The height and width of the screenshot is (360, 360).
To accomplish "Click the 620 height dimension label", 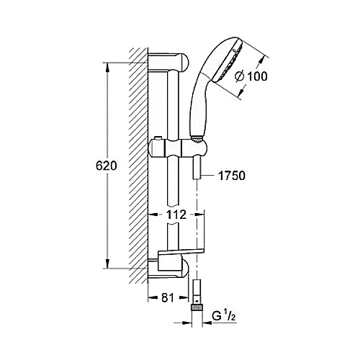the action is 106,166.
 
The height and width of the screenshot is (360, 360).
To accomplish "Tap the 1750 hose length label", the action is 232,176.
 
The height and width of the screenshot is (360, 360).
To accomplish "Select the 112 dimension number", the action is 176,215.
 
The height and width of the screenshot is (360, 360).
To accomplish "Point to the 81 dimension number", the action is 168,298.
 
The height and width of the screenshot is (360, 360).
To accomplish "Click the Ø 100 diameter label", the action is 251,76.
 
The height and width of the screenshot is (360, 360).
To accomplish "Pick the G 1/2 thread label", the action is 224,317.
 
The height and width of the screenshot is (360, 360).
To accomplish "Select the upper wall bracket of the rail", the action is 168,63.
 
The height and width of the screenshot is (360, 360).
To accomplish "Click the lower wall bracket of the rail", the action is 168,269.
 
